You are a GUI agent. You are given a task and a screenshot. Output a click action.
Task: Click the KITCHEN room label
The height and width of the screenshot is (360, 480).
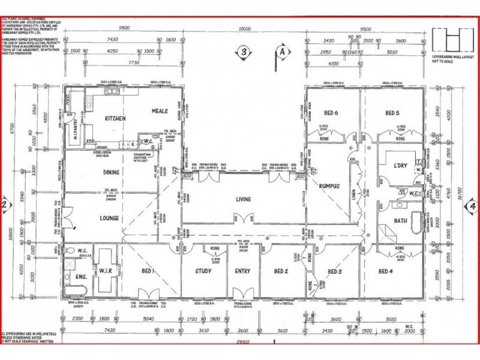coord(115,119)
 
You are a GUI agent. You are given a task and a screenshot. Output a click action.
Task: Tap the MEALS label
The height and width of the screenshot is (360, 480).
coord(159,112)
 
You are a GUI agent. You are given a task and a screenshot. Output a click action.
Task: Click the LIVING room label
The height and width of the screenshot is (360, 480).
coord(242,199)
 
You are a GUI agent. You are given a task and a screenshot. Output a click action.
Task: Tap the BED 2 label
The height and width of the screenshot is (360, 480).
coord(281,271)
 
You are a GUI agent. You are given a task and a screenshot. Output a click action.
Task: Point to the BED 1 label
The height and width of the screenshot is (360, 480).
coord(148,271)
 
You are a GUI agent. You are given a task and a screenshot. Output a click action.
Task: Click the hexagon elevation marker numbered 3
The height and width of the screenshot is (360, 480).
coord(242,52)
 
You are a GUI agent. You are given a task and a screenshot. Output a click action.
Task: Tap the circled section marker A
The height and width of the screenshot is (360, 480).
coord(280,52)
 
